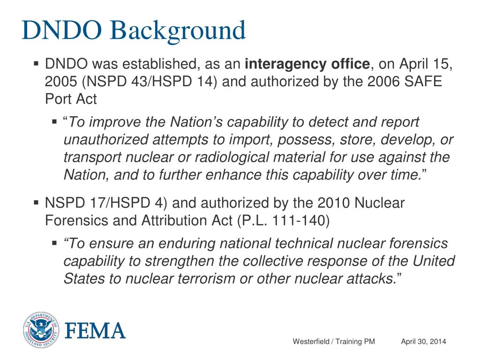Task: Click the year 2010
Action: click(x=330, y=203)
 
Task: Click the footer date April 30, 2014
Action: click(x=423, y=341)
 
